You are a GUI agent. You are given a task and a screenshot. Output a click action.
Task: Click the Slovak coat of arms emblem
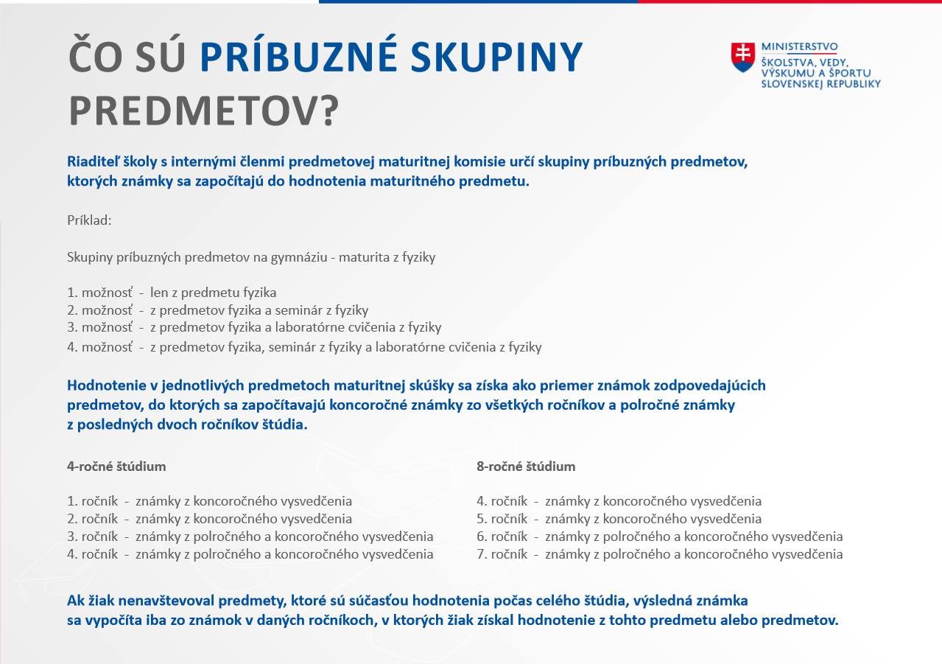743,57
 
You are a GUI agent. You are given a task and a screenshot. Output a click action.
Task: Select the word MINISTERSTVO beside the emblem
799,46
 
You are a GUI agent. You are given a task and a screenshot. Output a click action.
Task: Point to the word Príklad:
89,220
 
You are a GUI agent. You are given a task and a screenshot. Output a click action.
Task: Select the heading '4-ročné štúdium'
116,466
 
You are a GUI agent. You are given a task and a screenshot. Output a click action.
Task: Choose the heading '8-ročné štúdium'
526,466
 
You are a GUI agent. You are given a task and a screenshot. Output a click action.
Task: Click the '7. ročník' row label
502,554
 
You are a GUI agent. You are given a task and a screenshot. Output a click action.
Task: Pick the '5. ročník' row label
502,519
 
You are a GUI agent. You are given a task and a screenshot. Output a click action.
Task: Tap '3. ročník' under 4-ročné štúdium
93,537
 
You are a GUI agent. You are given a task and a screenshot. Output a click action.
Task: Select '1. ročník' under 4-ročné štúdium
93,501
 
